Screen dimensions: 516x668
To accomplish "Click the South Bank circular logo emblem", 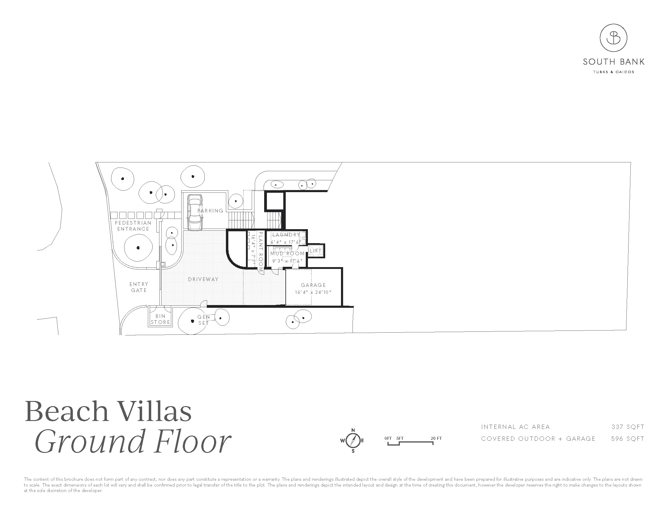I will [613, 38].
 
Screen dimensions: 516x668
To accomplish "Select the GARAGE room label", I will [313, 285].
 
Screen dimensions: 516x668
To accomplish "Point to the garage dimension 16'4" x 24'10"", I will [313, 292].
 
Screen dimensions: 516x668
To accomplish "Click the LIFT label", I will [316, 251].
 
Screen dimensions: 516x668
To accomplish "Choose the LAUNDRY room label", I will [286, 234].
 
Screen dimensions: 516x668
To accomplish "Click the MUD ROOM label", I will [287, 253].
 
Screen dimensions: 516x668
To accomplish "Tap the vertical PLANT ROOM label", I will [261, 252].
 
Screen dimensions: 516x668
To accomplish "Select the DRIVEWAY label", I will [203, 279].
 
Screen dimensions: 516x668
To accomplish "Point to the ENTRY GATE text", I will [139, 287].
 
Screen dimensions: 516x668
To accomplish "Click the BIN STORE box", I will [160, 319].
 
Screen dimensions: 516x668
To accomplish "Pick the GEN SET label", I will [203, 320].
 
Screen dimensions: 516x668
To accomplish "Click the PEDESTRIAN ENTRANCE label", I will [133, 226].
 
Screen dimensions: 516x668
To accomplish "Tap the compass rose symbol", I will [353, 440].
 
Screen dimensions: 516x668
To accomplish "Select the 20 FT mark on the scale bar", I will [436, 438].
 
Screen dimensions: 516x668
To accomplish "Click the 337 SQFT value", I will [628, 427].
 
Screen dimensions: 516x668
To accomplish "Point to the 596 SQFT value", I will [628, 439].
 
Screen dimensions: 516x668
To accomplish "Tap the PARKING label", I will [210, 211].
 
